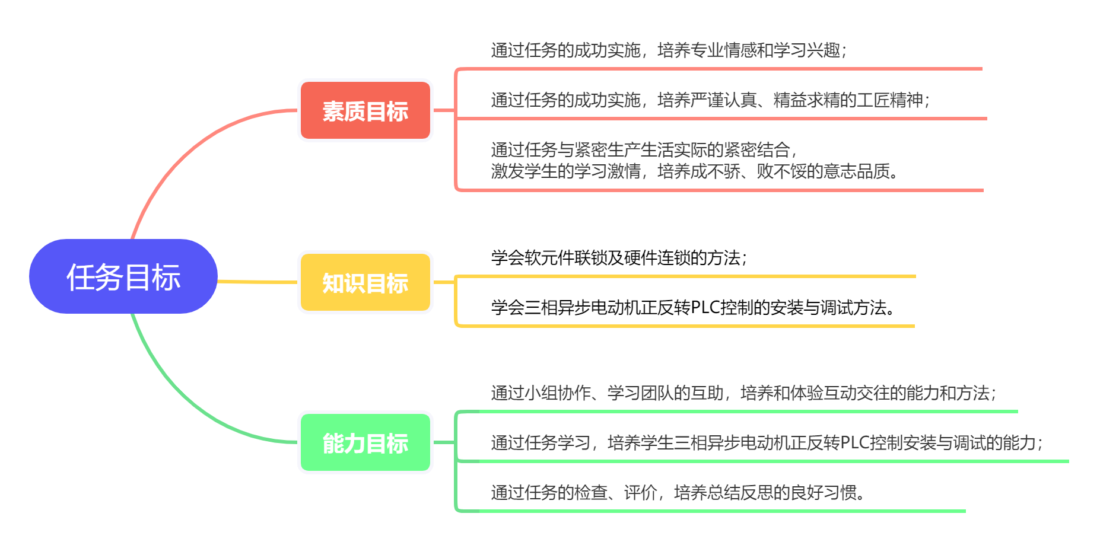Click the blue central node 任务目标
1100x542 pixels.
123,276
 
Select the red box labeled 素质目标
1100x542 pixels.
365,110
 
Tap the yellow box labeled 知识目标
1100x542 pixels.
365,282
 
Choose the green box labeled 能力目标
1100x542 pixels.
365,442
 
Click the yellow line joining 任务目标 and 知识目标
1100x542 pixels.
258,282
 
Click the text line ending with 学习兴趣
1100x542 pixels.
669,50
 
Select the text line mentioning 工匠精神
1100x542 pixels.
710,100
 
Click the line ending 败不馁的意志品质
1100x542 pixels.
695,171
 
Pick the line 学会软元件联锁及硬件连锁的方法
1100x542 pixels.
619,258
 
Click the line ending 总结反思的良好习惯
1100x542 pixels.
678,493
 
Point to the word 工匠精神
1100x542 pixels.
890,100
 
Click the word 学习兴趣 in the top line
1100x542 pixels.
807,50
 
